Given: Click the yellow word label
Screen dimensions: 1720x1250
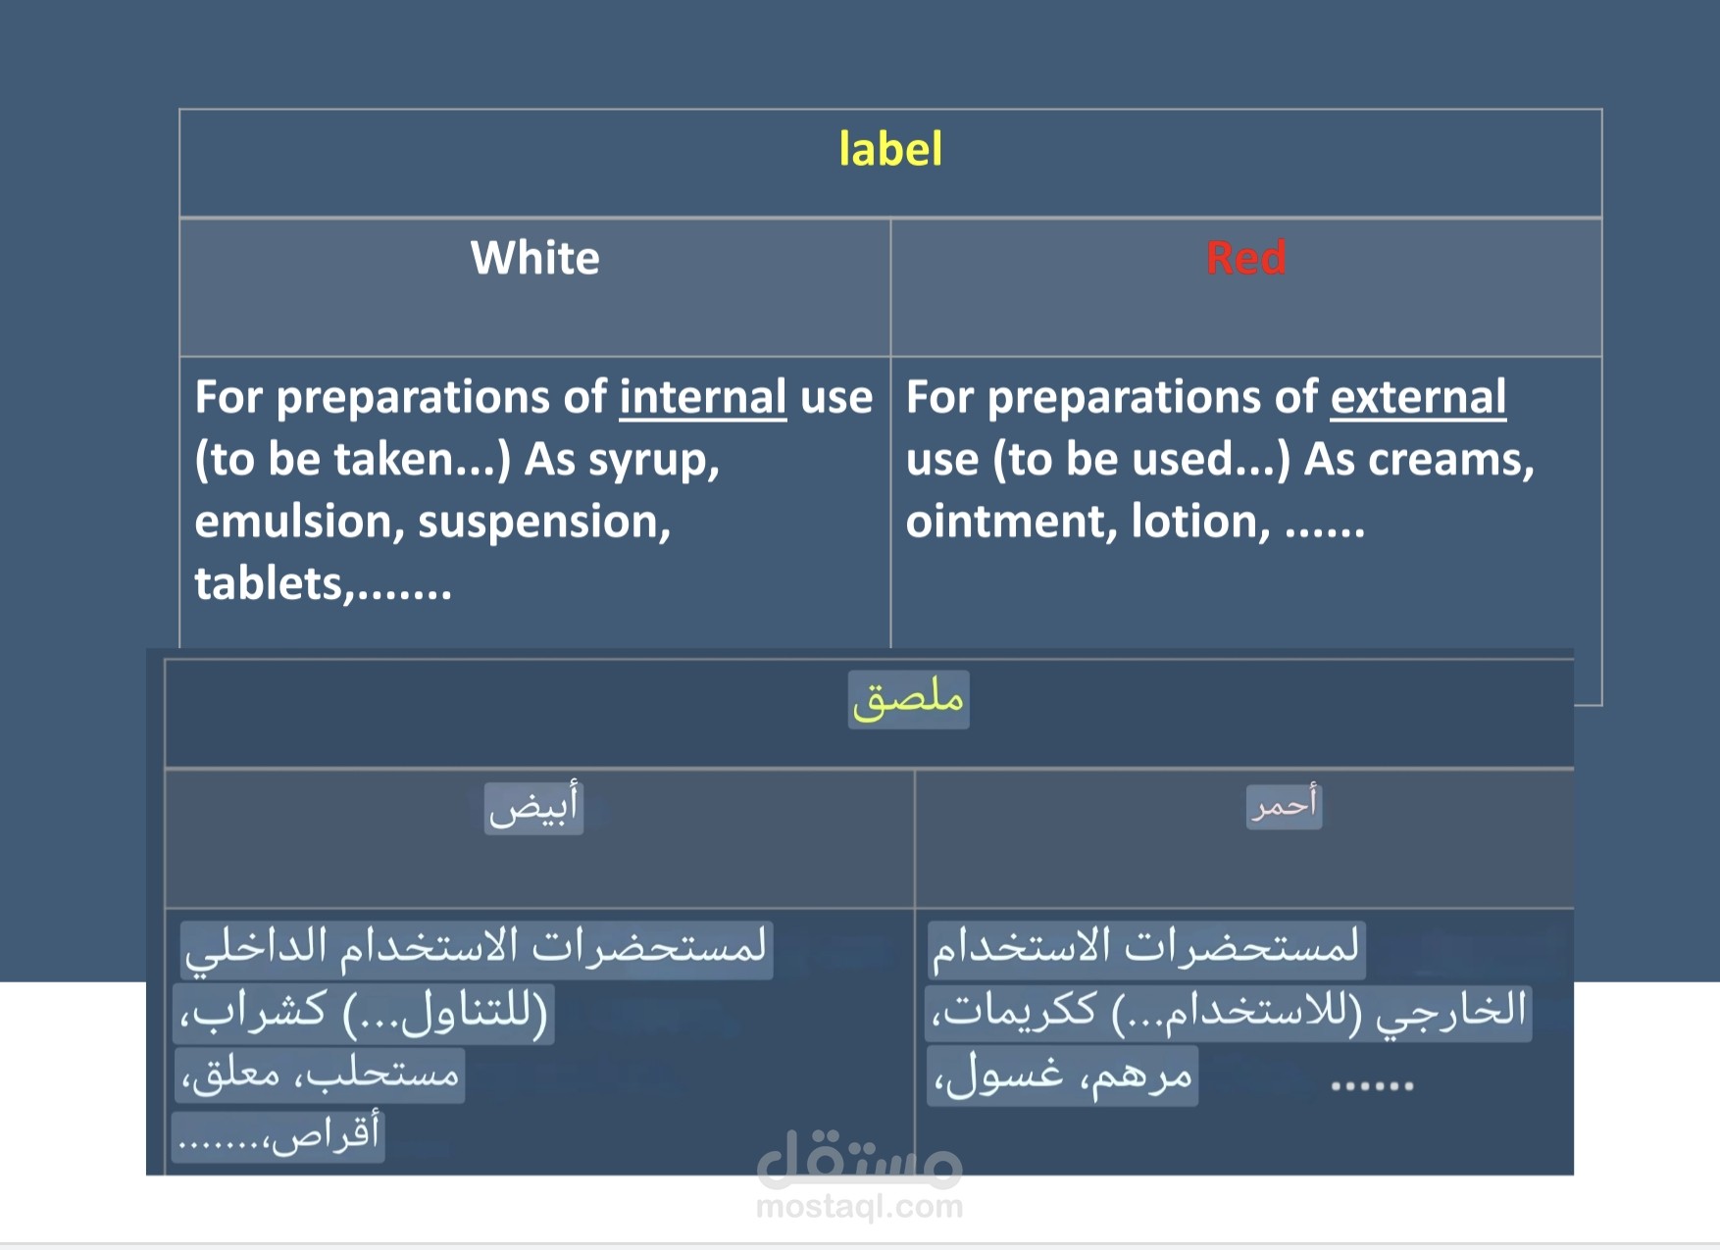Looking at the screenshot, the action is (x=890, y=149).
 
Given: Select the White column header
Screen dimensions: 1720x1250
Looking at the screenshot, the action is (x=534, y=258).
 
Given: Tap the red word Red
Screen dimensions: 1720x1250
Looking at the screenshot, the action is (x=1245, y=258).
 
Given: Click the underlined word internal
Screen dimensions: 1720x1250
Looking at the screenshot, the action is (x=702, y=397).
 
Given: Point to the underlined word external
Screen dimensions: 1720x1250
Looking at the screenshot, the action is (x=1418, y=397).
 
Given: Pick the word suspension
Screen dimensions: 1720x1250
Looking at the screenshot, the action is (x=544, y=523).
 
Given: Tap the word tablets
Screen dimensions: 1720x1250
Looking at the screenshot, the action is (x=269, y=584).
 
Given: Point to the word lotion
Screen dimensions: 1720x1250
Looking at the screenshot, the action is (x=1200, y=522).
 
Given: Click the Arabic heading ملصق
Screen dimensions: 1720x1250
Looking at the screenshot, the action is (x=908, y=699).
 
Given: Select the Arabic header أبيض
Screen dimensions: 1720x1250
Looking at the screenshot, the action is (x=533, y=807).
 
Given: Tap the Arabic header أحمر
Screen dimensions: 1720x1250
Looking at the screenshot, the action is (x=1284, y=806).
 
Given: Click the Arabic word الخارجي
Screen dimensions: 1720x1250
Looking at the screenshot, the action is (x=1451, y=1012).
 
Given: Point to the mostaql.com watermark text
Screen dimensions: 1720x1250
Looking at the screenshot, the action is (x=860, y=1207).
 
